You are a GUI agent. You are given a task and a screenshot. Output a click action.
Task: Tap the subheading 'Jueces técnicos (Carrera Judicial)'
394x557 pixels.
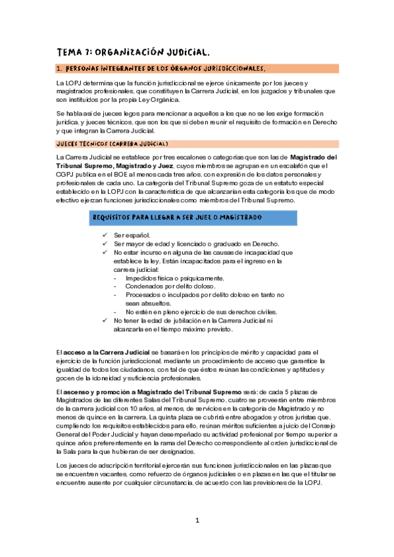pyautogui.click(x=112, y=143)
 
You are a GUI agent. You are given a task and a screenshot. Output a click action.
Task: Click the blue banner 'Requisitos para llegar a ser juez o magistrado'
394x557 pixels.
pyautogui.click(x=178, y=217)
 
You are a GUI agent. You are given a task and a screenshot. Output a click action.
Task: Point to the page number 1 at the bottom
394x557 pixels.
pyautogui.click(x=197, y=520)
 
